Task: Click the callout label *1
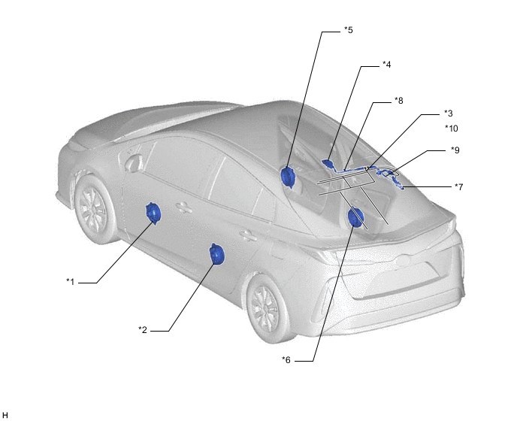70,282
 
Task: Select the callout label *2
143,330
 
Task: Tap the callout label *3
448,114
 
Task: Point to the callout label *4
386,65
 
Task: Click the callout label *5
348,31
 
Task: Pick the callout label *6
286,361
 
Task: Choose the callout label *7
458,186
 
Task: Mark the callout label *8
399,99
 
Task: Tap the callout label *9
455,150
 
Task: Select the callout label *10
451,129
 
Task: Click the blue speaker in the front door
153,214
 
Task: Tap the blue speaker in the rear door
217,256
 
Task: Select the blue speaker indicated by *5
287,176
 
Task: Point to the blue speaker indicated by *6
355,218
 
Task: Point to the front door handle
183,207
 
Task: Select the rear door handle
244,236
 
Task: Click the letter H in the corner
5,414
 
